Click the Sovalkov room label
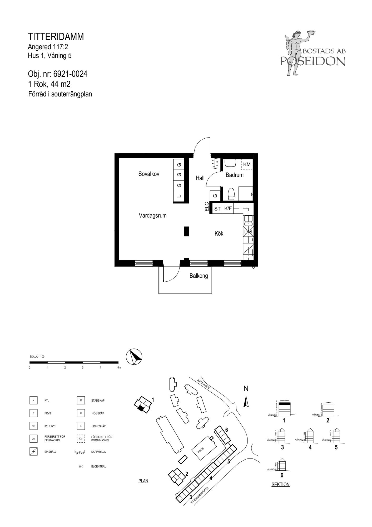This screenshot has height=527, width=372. tap(149, 174)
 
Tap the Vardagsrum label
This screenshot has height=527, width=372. tap(153, 216)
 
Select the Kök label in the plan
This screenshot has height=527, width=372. tap(219, 233)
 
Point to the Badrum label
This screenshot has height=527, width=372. tap(235, 175)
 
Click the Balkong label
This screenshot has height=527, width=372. tap(199, 276)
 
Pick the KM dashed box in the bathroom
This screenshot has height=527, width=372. tap(247, 164)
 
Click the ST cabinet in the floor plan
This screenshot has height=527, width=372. tap(217, 209)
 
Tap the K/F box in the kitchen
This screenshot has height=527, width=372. tap(228, 209)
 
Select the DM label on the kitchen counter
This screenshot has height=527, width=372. tap(248, 232)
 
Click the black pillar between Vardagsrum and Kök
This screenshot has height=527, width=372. tap(186, 231)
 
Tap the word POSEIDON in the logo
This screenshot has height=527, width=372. tap(313, 61)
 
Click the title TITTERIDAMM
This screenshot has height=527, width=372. tap(56, 37)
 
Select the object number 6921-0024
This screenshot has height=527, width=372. tap(70, 74)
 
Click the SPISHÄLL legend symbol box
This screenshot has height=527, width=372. tap(33, 452)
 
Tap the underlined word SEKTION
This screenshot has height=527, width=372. tap(281, 485)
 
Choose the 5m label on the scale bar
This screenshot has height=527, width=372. tap(119, 368)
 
